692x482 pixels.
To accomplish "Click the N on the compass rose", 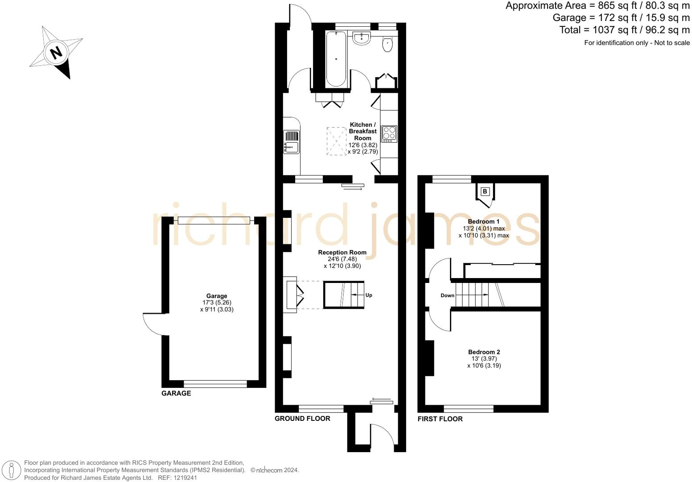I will pos(56,53).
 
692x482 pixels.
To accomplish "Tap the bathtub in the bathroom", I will pos(336,58).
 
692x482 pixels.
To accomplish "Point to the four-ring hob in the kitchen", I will pos(389,134).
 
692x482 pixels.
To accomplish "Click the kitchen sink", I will pos(292,147).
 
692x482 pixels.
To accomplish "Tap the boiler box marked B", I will pos(485,192).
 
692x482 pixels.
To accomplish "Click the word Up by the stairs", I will pos(369,295).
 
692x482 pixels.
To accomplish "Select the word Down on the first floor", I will pos(447,295).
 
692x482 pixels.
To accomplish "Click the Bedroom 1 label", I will pos(483,221).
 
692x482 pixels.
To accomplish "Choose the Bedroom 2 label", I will pos(484,352).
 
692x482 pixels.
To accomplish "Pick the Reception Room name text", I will pos(342,252).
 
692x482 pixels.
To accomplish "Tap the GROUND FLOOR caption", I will pos(302,419).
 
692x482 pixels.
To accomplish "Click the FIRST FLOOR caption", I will pos(440,419).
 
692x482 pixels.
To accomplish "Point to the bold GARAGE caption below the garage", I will pos(176,393).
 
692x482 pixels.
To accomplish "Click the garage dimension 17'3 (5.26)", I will pos(217,303).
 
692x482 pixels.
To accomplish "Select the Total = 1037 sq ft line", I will pos(624,30).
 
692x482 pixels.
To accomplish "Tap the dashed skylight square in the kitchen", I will pos(337,141).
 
